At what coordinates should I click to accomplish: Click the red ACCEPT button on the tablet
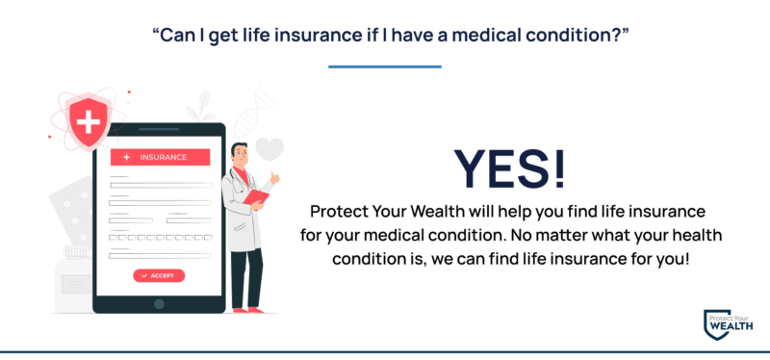click(159, 275)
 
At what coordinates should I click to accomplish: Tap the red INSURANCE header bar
click(161, 157)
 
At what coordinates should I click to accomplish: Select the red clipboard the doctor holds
click(257, 197)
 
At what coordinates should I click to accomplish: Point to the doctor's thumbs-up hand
click(273, 178)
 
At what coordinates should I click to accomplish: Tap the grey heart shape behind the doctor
click(270, 150)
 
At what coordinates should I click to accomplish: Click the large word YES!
click(510, 169)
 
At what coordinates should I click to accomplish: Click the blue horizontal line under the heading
click(385, 66)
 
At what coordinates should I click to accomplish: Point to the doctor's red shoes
click(247, 310)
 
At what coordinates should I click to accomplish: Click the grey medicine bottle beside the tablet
click(71, 279)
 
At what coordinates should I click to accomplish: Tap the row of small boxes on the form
click(160, 236)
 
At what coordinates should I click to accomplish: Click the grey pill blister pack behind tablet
click(75, 207)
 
